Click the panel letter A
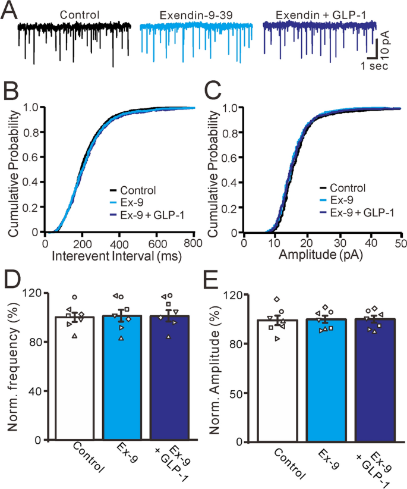10,11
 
